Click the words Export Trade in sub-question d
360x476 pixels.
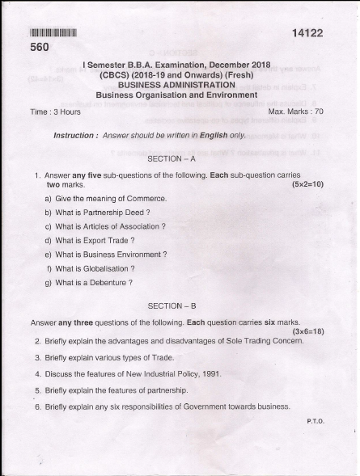(x=108, y=241)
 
